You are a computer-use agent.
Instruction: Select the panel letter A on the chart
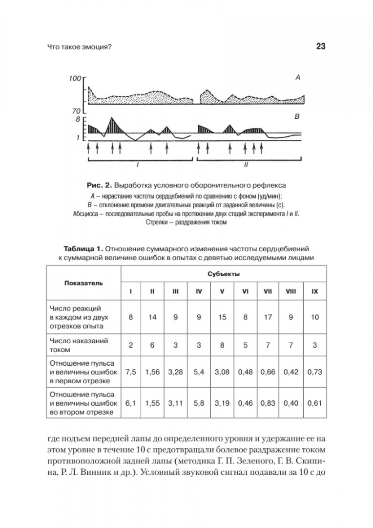tap(297, 77)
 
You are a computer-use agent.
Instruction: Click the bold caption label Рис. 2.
tap(100, 186)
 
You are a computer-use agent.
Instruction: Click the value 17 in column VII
tap(268, 317)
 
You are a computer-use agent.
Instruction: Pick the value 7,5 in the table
tap(130, 373)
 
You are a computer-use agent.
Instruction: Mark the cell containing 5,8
tap(199, 403)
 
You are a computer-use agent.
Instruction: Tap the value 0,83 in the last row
tap(268, 403)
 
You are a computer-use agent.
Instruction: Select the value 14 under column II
tap(153, 317)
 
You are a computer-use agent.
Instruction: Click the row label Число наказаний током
tap(79, 345)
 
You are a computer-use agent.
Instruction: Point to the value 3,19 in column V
tap(223, 403)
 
